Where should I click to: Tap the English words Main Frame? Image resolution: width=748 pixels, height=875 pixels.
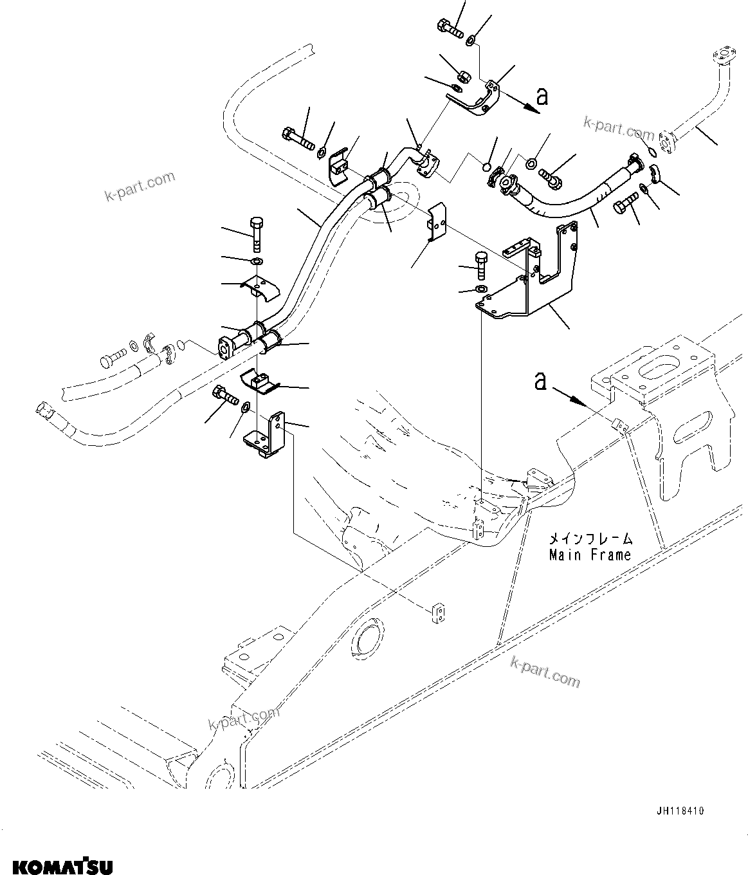590,554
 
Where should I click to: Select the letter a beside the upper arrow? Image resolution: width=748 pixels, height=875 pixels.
543,97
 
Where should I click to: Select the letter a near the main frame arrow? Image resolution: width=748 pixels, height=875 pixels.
541,382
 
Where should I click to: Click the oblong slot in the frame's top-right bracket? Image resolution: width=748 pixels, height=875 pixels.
659,373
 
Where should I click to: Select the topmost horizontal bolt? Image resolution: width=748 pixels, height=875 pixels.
450,28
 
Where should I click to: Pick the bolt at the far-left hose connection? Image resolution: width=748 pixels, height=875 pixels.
113,355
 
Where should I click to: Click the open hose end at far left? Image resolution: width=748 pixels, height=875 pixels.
42,408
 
